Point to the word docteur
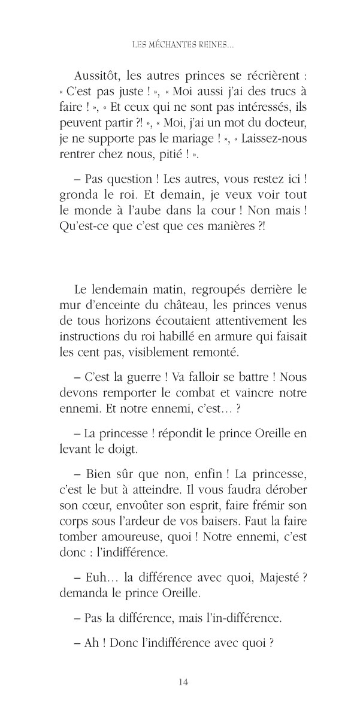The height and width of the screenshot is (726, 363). [285, 125]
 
